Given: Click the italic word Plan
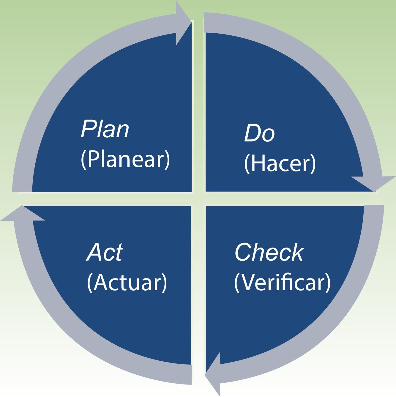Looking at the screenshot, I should click(x=105, y=130).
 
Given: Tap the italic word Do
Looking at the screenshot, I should click(x=259, y=133).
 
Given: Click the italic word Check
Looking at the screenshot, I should click(x=269, y=253).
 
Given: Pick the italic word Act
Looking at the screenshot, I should click(x=105, y=253).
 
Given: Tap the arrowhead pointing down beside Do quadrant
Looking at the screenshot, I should click(x=374, y=183).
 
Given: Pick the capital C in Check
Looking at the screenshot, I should click(x=243, y=253).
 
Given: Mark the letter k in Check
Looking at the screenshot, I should click(x=297, y=253).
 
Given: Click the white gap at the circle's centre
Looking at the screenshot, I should click(x=198, y=198).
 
